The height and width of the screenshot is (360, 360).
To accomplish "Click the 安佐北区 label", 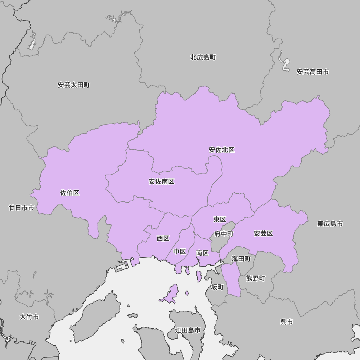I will pos(222,150).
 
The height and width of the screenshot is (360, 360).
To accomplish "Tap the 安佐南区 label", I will pos(162,181).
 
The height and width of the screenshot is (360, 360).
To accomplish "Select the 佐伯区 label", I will pos(69,193).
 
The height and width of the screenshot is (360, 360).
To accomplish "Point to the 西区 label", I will pos(163,238).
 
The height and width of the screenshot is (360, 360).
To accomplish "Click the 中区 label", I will pos(180,251).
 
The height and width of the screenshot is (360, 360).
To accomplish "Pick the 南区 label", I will pos(202,253).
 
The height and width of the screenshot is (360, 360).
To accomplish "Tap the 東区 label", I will pos(220,219).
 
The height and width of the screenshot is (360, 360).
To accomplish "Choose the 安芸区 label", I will pos(264,233).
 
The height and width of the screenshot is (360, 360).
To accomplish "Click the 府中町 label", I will pos(224,234).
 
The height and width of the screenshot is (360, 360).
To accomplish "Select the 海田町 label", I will pos(241,258).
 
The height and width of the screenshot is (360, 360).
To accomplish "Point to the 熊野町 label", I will pos(256,278).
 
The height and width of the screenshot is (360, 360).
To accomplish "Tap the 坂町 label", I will pos(217,287).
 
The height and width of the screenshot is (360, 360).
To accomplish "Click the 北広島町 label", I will pos(203,57).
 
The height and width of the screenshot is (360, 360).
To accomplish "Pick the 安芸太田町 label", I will pos(74,85).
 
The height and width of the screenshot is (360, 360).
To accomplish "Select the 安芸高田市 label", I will pos(313,72).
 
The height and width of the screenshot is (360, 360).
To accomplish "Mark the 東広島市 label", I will pos(330,224).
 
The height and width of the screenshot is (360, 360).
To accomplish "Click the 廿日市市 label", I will pos(22,208).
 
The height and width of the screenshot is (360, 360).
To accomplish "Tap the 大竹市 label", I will pos(30,317).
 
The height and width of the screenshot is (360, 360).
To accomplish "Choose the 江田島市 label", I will pos(188,330).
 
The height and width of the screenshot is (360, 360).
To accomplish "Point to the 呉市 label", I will pos(287,322).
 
